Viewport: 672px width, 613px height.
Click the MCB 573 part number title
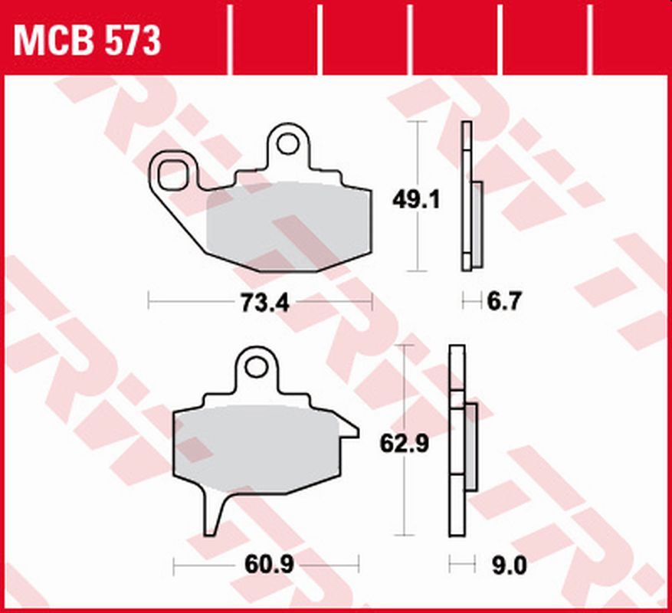coord(87,40)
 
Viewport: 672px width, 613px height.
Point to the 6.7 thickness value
coord(504,303)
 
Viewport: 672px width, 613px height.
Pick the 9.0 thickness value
coord(506,568)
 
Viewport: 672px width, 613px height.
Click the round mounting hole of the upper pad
coord(288,143)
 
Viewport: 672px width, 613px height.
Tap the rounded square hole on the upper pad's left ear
coord(172,173)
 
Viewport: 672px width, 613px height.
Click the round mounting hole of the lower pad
coord(257,367)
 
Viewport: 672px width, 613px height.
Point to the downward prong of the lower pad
coord(215,513)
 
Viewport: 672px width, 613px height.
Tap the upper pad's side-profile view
coord(466,195)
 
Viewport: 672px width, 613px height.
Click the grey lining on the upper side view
coord(477,224)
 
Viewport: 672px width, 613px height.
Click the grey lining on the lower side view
coord(471,447)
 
